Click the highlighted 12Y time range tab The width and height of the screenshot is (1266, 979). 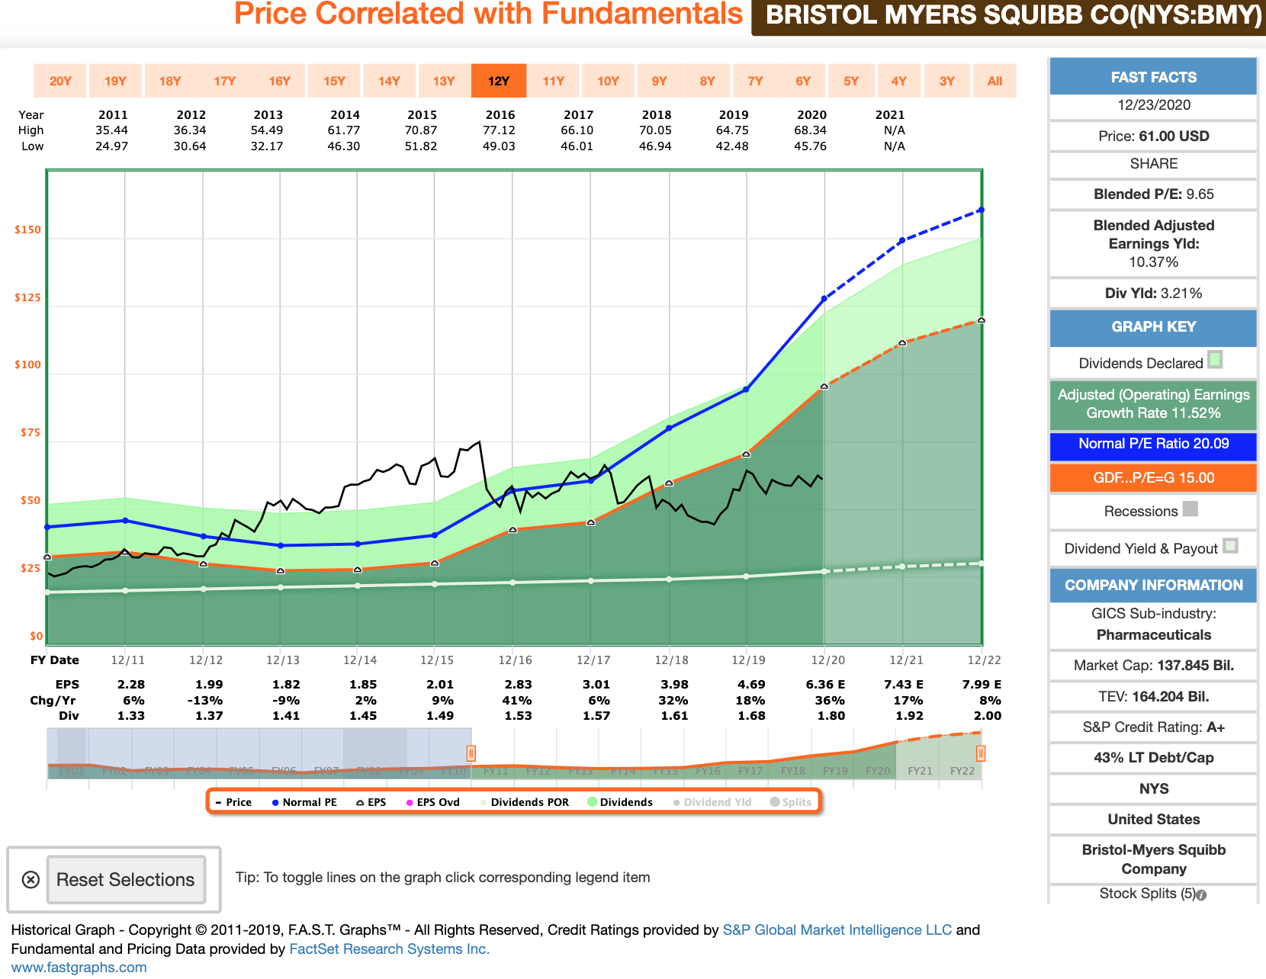(498, 81)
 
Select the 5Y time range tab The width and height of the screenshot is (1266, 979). (851, 81)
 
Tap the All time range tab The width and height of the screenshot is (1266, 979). (994, 81)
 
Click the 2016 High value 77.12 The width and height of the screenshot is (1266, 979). (500, 130)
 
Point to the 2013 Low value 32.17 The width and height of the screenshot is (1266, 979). (267, 146)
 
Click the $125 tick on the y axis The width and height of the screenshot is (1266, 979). (28, 297)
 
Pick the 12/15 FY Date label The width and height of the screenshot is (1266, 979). (437, 660)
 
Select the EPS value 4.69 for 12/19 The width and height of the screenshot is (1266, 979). (751, 685)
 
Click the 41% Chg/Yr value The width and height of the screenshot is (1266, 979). (517, 700)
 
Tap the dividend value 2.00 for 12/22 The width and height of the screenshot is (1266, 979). (988, 716)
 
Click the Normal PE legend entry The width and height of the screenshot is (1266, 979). (304, 802)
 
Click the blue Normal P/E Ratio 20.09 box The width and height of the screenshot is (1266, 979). (1153, 444)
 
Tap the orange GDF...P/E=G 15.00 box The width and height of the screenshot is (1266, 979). (1153, 478)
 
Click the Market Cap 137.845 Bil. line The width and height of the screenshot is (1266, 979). (1153, 666)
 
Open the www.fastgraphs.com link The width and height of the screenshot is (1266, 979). (79, 968)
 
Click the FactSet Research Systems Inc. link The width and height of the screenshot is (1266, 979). (389, 949)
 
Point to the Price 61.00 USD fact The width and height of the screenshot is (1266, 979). (1153, 136)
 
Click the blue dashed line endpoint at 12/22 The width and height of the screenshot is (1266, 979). (981, 210)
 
